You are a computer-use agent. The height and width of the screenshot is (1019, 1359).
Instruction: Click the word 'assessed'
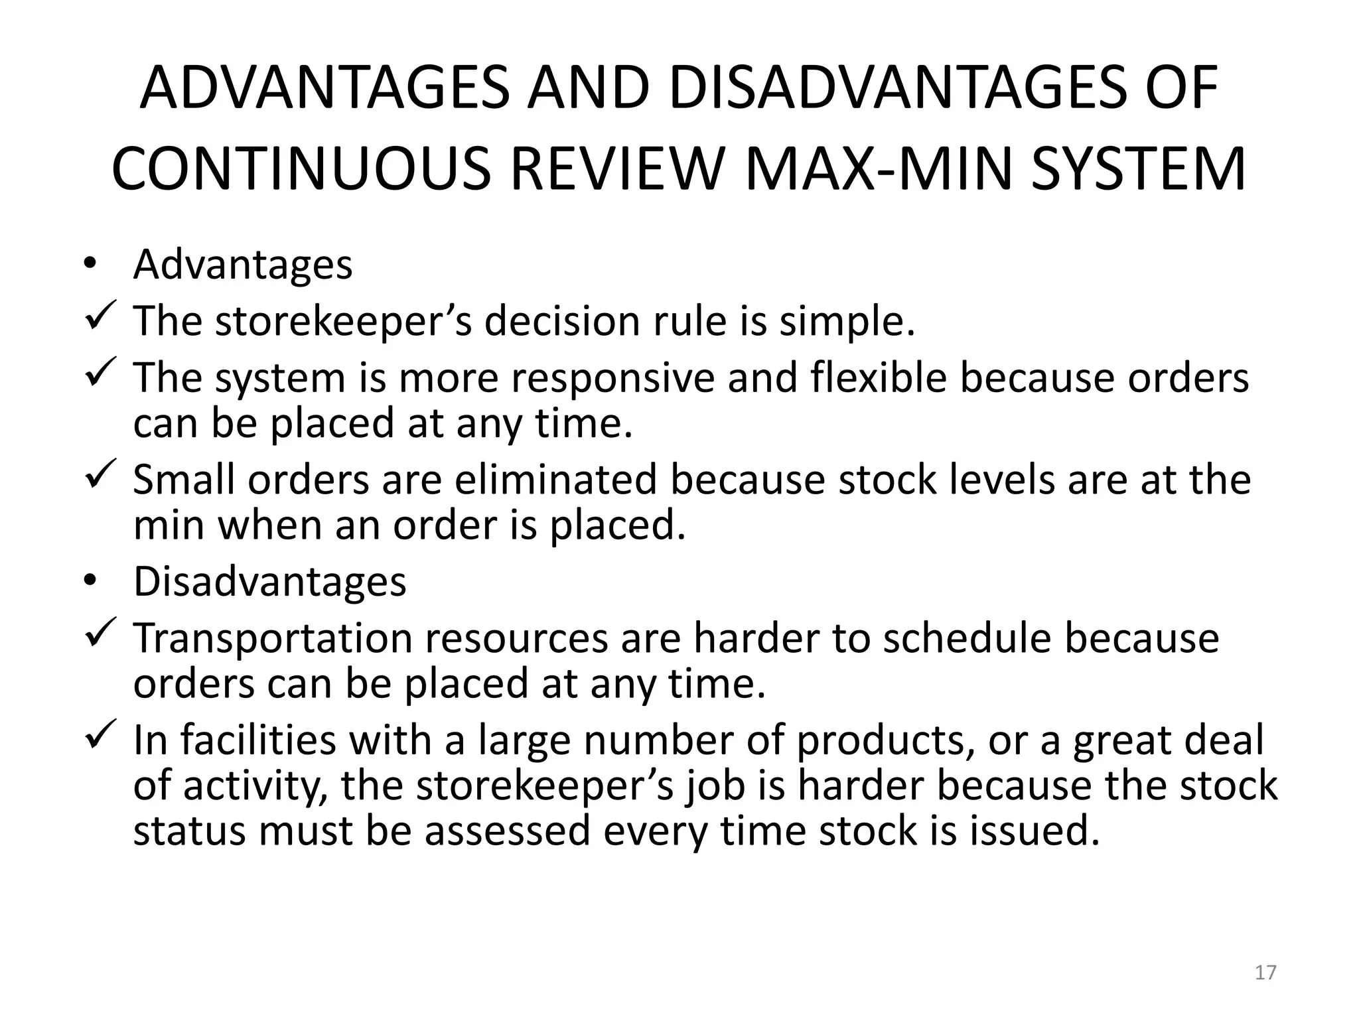(x=507, y=831)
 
